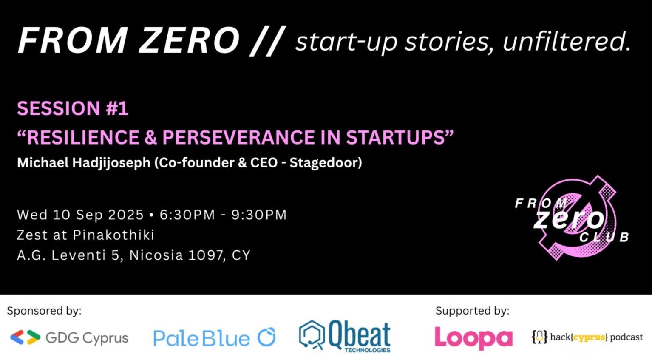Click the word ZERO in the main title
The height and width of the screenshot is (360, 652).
[x=189, y=41]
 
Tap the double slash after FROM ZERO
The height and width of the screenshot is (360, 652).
[x=267, y=41]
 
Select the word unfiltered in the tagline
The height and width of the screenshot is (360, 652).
[x=566, y=42]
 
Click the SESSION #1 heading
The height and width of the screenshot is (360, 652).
[x=73, y=108]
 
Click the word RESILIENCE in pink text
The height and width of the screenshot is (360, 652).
[x=82, y=138]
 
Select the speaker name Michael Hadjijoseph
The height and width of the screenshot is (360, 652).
[x=84, y=163]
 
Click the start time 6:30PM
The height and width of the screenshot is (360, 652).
[x=187, y=215]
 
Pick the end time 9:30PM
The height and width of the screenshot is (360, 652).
[x=259, y=215]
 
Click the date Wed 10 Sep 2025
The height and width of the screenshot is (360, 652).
[x=80, y=215]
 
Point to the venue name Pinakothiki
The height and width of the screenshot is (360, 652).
[x=113, y=235]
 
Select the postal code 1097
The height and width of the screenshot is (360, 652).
[x=207, y=255]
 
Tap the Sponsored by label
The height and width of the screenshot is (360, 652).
[x=44, y=311]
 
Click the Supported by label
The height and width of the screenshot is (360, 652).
[x=472, y=311]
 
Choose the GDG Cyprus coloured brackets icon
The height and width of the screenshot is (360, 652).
[x=25, y=337]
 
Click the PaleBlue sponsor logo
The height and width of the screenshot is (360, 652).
[x=214, y=338]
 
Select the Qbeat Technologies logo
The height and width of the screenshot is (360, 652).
[x=345, y=337]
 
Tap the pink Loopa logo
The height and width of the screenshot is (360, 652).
[x=473, y=338]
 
